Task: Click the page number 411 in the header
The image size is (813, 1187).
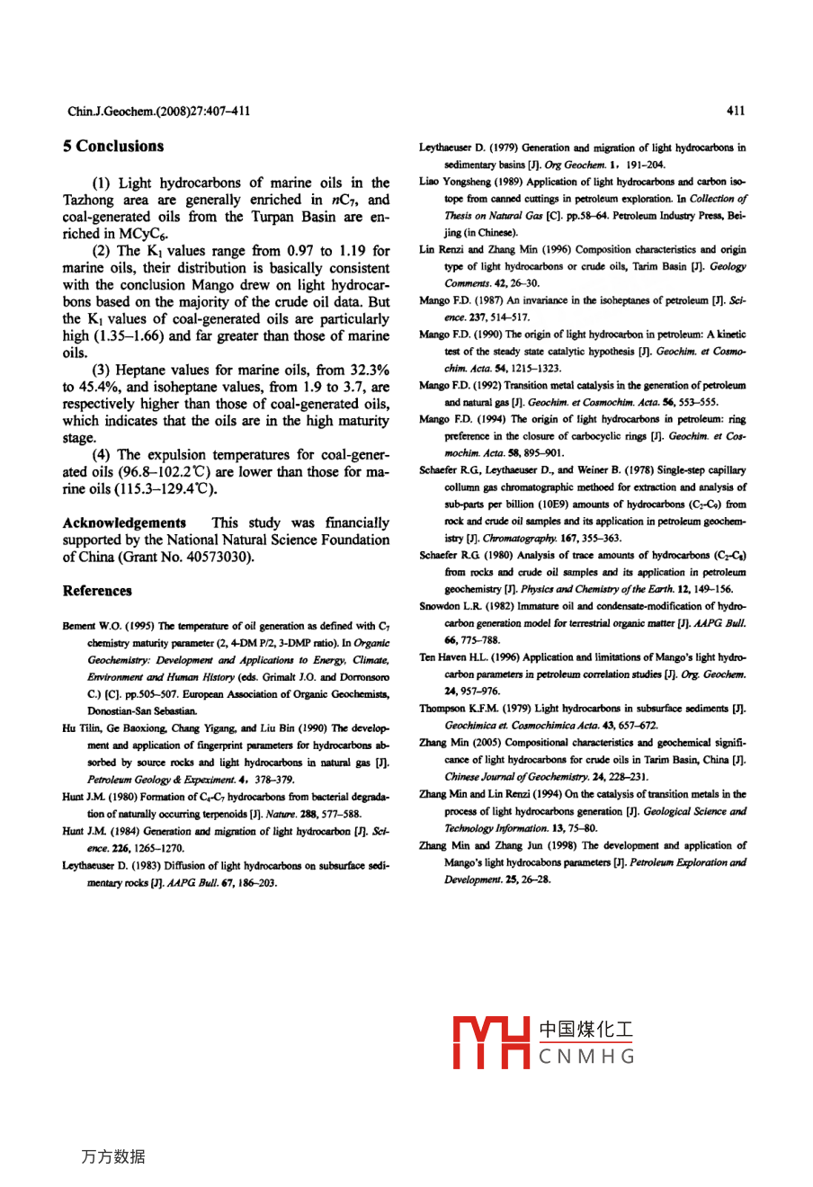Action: pos(736,111)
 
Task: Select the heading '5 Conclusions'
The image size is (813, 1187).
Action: pos(113,147)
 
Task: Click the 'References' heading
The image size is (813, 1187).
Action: pos(97,591)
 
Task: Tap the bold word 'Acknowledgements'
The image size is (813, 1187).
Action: pos(124,522)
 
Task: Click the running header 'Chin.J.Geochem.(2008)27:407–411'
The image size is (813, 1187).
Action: pos(158,112)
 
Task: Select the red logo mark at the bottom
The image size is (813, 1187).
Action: pos(491,1042)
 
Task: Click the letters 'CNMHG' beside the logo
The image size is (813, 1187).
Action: pos(587,1057)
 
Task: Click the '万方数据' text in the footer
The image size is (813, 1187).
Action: pos(113,1157)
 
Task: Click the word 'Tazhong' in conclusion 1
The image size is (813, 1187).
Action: pos(88,200)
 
